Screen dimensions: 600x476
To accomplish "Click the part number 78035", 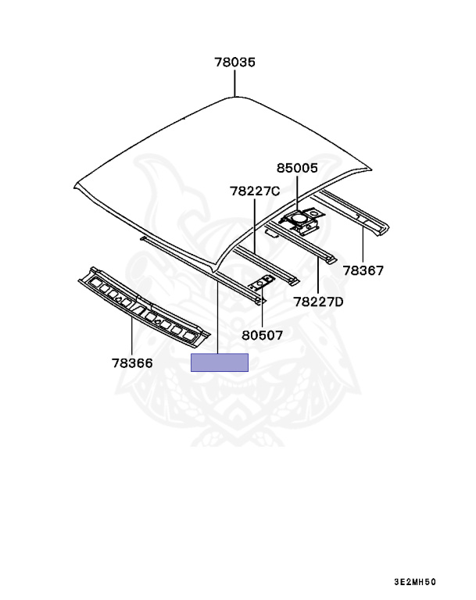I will pyautogui.click(x=235, y=62).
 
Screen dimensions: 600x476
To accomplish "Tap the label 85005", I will pyautogui.click(x=297, y=166).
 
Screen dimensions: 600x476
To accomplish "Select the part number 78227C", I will pyautogui.click(x=255, y=190).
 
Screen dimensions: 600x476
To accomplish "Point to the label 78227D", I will pyautogui.click(x=318, y=302).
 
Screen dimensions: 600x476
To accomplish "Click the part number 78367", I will pyautogui.click(x=362, y=271).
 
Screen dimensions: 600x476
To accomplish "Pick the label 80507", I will pyautogui.click(x=262, y=335).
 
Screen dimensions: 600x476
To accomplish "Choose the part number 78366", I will pyautogui.click(x=131, y=363).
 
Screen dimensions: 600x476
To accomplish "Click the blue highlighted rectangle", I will pyautogui.click(x=220, y=362).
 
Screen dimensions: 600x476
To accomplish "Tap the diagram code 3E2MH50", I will pyautogui.click(x=415, y=582).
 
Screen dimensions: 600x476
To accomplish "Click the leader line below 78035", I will pyautogui.click(x=235, y=83).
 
